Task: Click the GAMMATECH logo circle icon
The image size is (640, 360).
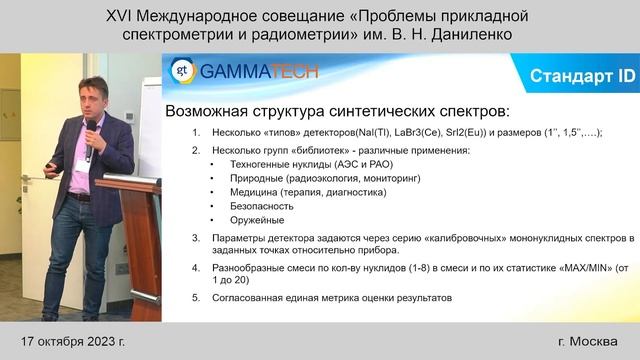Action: click(x=181, y=72)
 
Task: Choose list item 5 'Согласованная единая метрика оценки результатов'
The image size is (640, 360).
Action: click(x=330, y=298)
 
